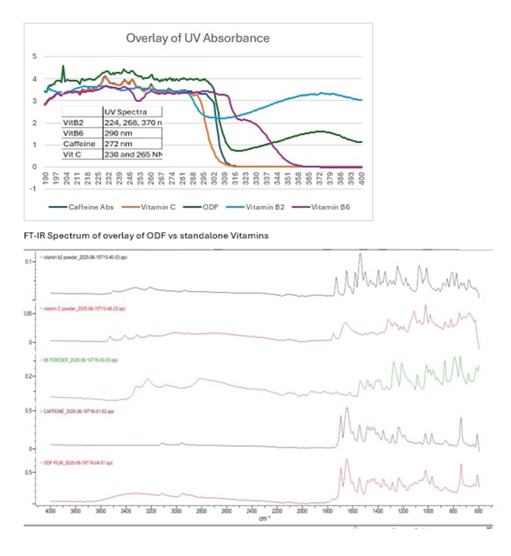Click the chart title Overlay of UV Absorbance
(198, 38)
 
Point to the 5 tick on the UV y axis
(34, 57)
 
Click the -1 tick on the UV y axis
(33, 189)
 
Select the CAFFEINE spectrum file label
(76, 412)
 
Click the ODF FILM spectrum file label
(77, 462)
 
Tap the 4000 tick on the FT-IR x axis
(51, 510)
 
